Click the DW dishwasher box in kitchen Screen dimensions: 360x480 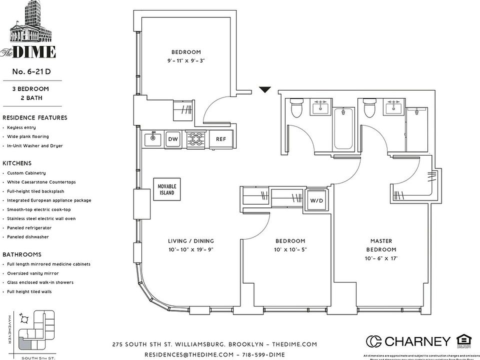[x=173, y=139]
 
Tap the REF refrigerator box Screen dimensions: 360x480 [x=221, y=139]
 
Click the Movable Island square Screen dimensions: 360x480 [x=167, y=189]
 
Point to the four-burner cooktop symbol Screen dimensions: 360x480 [x=195, y=139]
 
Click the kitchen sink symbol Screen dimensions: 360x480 [x=152, y=139]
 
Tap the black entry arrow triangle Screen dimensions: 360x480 [x=264, y=90]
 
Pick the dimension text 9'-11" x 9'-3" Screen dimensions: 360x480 [x=186, y=61]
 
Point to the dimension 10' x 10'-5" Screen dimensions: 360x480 [x=289, y=249]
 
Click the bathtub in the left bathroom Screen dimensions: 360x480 [x=344, y=128]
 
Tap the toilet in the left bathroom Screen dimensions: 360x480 [x=296, y=108]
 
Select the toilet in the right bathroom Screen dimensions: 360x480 [x=369, y=108]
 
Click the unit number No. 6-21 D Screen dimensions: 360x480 [x=31, y=71]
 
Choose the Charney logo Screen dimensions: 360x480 [x=408, y=341]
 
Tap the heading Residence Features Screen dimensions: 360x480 [x=34, y=118]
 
